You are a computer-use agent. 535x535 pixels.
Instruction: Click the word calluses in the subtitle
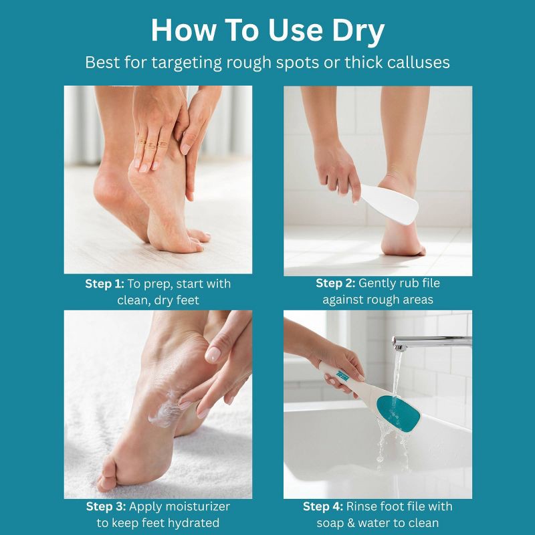(419, 62)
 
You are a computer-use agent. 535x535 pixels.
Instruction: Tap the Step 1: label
(105, 284)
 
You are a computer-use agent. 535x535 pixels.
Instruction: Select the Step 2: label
(336, 283)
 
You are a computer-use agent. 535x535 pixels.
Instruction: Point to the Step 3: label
(106, 506)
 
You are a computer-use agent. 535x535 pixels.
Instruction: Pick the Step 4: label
(323, 506)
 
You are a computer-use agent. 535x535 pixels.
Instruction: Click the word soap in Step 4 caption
(329, 523)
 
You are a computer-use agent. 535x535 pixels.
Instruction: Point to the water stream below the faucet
(396, 375)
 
